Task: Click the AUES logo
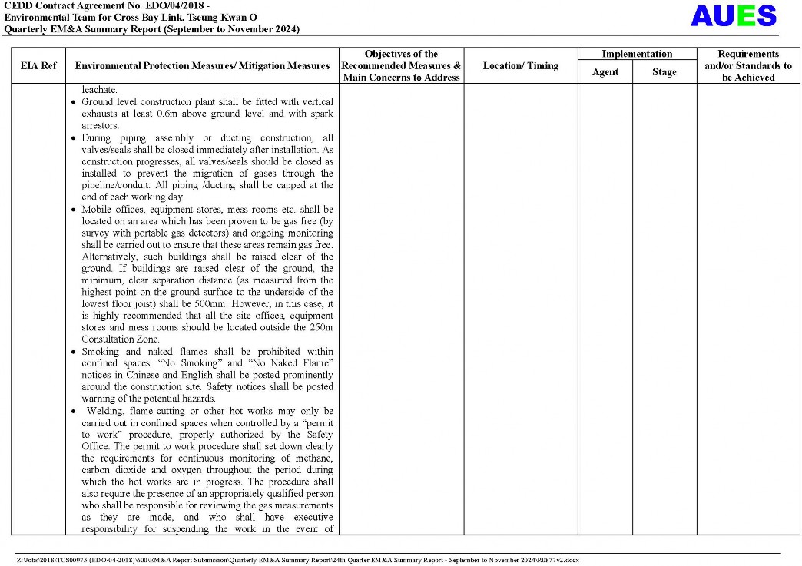pyautogui.click(x=733, y=16)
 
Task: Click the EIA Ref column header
pyautogui.click(x=38, y=66)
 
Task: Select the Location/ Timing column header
pyautogui.click(x=520, y=66)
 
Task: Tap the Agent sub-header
pyautogui.click(x=605, y=72)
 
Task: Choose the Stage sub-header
pyautogui.click(x=664, y=72)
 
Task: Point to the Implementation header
pyautogui.click(x=636, y=54)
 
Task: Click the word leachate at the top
pyautogui.click(x=101, y=90)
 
